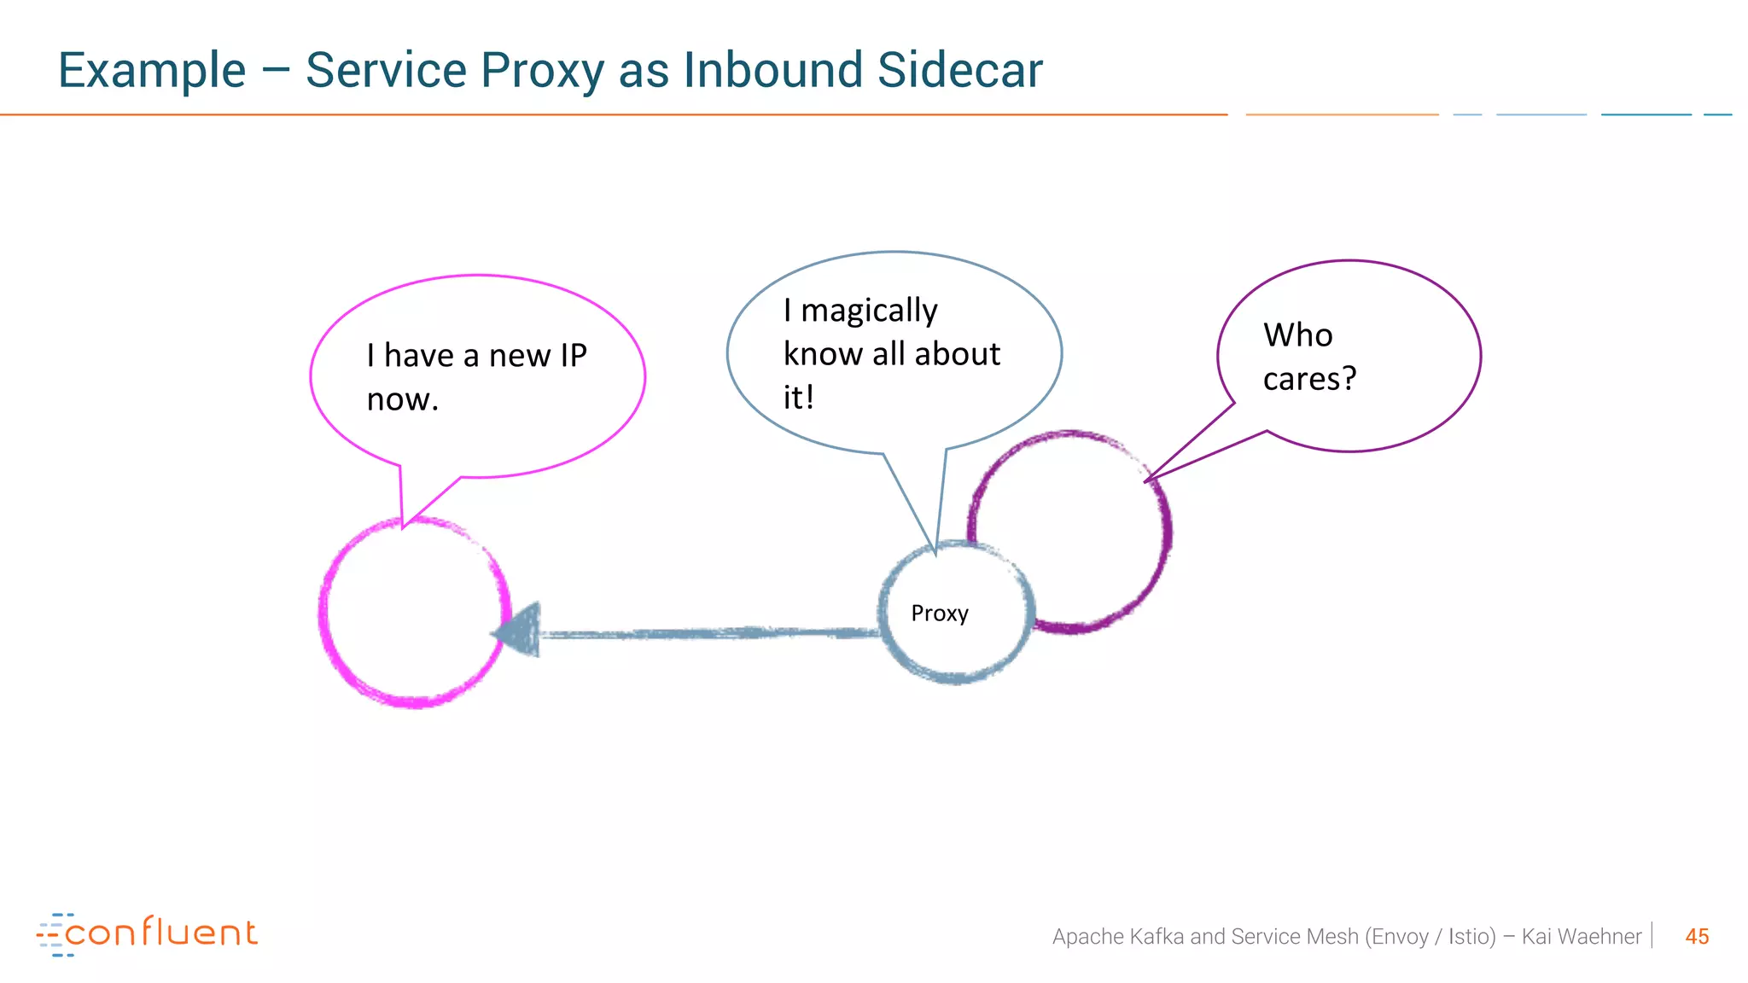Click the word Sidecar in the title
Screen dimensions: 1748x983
(x=959, y=70)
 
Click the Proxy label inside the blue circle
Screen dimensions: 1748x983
(x=940, y=614)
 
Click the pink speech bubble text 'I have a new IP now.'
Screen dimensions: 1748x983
(x=476, y=377)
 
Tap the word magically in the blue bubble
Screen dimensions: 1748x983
(x=868, y=311)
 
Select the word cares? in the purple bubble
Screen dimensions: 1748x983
(x=1309, y=379)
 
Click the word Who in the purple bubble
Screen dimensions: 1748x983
(x=1297, y=335)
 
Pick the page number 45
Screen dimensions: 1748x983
(x=1697, y=937)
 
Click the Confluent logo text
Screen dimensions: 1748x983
(x=160, y=934)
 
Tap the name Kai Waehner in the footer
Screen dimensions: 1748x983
(x=1581, y=937)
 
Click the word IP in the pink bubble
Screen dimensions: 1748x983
(x=573, y=356)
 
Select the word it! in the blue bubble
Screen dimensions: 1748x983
(x=798, y=398)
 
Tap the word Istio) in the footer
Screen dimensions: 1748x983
(x=1471, y=937)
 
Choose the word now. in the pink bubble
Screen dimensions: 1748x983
(x=402, y=399)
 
